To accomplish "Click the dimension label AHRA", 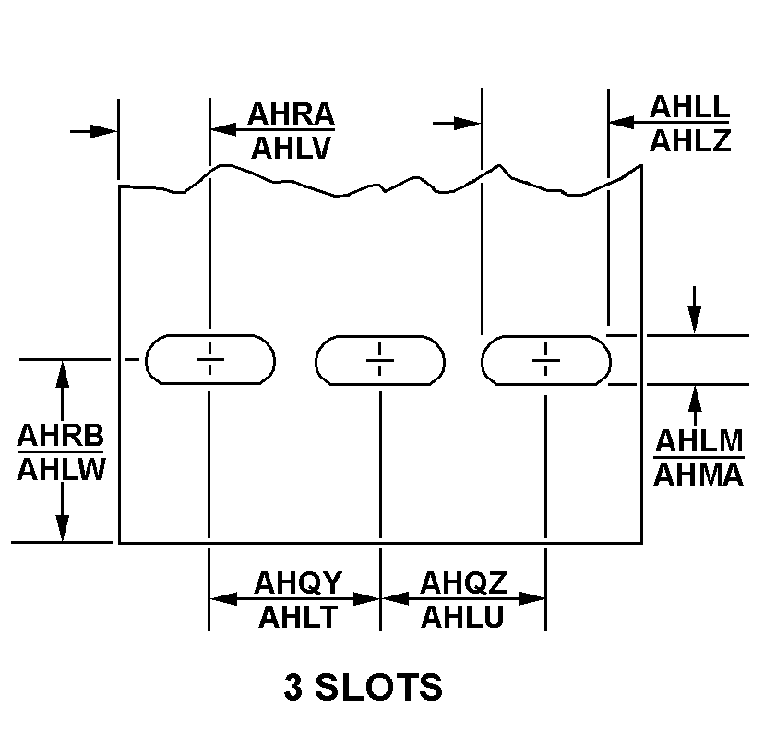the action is click(291, 114).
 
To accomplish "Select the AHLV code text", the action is click(291, 149).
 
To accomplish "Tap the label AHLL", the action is click(690, 107).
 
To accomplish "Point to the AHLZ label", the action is click(690, 141).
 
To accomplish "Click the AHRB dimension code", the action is click(60, 436).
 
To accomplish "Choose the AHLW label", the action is click(62, 470).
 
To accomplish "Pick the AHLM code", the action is click(699, 441).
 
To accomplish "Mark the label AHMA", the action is click(698, 475).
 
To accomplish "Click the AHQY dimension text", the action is click(298, 583).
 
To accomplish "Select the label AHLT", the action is click(298, 617).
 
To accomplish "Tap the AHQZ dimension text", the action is click(463, 583).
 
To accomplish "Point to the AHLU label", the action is click(462, 617).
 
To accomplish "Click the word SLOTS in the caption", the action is click(378, 687).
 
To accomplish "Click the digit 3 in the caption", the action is click(292, 687).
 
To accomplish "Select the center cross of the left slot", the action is click(210, 360).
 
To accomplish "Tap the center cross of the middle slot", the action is click(380, 360).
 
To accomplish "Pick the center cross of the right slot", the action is click(545, 360).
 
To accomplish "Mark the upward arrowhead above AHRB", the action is click(62, 375).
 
